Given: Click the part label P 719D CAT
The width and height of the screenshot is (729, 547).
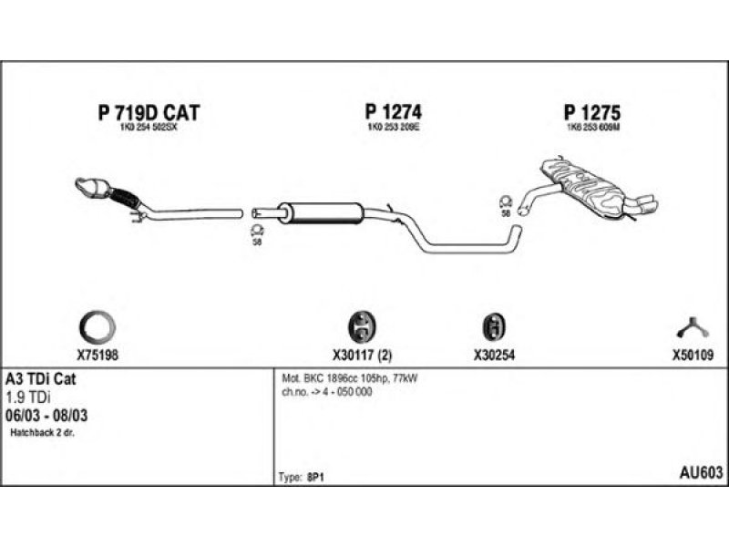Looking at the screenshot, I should coord(148,113).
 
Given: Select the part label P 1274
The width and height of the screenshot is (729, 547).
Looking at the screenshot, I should coord(394,112).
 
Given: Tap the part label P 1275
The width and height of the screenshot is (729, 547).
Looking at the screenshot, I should coord(591,113).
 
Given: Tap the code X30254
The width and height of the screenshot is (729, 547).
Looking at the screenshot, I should coord(495,356).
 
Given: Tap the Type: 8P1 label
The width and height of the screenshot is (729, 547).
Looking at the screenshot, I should coord(300,477).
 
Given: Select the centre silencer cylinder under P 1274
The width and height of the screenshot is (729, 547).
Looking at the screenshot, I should coord(323,212).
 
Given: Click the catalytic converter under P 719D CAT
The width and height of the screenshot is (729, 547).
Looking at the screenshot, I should coord(94,187).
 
